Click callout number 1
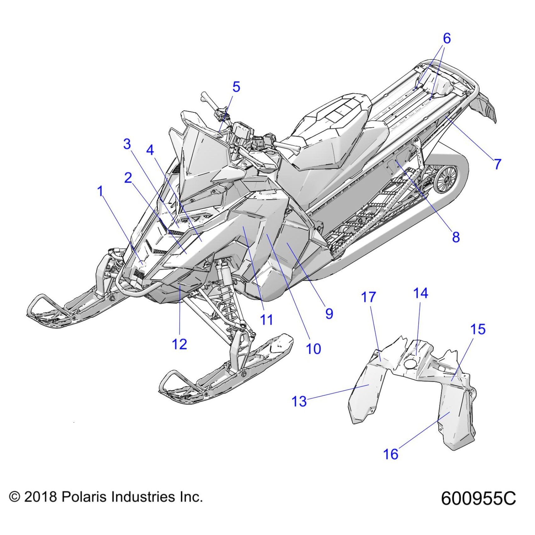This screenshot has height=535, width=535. click(100, 191)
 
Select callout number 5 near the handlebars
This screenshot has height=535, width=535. click(236, 87)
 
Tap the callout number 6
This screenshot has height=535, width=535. click(447, 38)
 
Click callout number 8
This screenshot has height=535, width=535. click(456, 237)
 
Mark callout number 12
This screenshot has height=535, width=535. click(179, 344)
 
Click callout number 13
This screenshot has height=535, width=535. click(299, 401)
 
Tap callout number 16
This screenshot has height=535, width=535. click(391, 454)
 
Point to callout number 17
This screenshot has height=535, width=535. click(369, 297)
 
